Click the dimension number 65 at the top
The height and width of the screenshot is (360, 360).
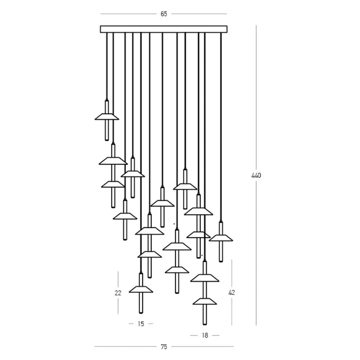tap(164, 14)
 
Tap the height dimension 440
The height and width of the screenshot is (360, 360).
tap(256, 175)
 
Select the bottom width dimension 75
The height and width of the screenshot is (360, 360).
tap(164, 347)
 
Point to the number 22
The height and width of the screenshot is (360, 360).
tap(118, 293)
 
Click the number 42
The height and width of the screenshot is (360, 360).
tap(231, 292)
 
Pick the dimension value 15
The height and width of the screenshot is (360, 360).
tap(141, 324)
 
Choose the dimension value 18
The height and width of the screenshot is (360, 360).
tap(205, 336)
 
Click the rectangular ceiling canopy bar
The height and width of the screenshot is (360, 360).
tap(164, 29)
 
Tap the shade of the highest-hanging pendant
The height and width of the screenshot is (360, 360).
tap(107, 117)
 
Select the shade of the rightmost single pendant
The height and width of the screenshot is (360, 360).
tap(221, 238)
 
